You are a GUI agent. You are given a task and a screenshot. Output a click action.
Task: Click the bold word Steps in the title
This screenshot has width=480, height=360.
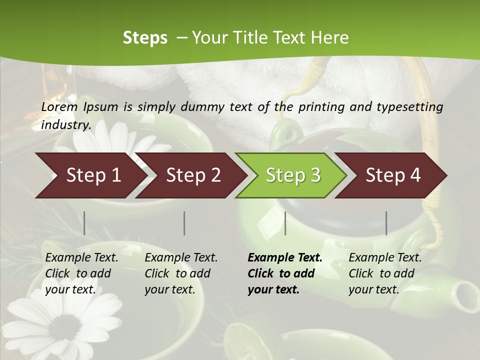click(145, 38)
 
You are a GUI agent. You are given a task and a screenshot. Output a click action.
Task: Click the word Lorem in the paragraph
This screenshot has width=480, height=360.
click(59, 106)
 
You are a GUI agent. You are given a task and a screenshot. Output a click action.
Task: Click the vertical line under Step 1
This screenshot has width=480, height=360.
click(84, 223)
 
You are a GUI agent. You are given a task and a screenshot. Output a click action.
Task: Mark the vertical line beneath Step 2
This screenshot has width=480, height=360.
click(184, 223)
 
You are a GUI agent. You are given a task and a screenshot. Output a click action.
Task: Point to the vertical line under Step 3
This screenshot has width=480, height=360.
click(285, 223)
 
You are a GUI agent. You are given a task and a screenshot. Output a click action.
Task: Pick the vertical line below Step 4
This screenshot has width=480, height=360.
click(386, 223)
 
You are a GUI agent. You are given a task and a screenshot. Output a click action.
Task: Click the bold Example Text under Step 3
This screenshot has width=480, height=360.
click(284, 273)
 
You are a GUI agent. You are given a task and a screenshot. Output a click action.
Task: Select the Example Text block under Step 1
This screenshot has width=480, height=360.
click(81, 273)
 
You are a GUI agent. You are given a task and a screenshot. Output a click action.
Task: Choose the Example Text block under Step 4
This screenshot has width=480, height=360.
click(384, 273)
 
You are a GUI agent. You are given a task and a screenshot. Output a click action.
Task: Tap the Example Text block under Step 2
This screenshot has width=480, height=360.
click(180, 273)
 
